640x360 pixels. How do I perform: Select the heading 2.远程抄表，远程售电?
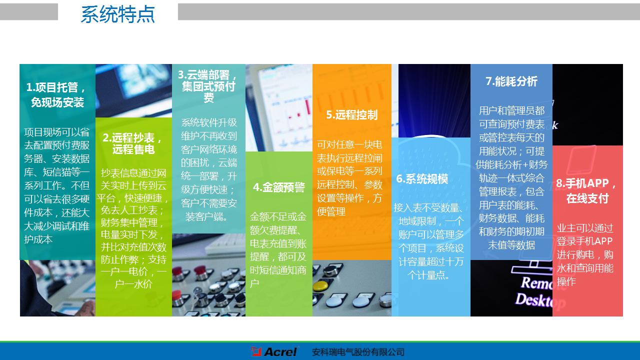(133, 143)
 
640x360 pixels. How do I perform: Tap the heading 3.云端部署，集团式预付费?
(208, 86)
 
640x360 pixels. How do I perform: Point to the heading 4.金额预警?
(278, 187)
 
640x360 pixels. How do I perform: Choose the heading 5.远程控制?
(351, 114)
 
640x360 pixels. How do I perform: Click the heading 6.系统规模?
(422, 179)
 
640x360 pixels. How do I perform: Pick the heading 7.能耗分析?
(511, 81)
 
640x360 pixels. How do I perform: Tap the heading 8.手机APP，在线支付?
(587, 191)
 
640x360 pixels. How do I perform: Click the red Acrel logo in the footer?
(274, 351)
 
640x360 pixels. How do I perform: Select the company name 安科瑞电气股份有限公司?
(357, 352)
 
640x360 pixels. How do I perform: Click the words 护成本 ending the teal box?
(38, 239)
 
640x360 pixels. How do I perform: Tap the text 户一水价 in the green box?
(133, 284)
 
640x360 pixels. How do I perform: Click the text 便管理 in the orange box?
(331, 211)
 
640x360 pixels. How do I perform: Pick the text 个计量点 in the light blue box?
(428, 275)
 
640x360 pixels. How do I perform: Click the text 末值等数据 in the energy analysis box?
(511, 245)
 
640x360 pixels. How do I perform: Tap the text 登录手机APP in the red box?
(584, 241)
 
